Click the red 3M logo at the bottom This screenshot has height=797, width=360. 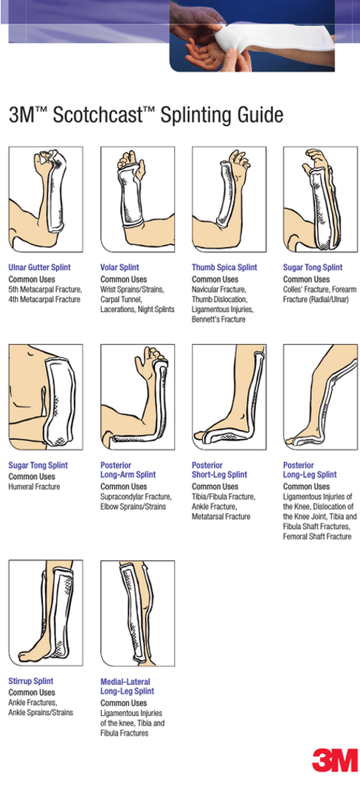[334, 759]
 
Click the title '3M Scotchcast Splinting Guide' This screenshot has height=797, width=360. [145, 115]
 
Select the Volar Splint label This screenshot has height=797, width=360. [120, 267]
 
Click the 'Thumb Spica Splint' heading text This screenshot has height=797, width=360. [224, 267]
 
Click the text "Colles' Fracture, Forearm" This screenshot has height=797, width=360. [319, 290]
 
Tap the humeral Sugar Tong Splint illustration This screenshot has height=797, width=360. [45, 397]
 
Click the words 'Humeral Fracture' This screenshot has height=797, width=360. [34, 487]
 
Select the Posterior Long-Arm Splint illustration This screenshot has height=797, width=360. [137, 397]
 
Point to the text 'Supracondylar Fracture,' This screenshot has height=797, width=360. [136, 497]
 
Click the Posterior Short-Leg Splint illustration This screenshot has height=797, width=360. [229, 397]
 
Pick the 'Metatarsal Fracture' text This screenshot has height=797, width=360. [221, 517]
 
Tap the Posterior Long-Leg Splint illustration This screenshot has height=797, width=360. [320, 397]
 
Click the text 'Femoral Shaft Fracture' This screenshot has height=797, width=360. [317, 537]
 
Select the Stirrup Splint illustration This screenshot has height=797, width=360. [45, 613]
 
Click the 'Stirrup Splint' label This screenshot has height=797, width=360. [31, 681]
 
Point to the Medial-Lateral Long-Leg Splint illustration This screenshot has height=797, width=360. [137, 613]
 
